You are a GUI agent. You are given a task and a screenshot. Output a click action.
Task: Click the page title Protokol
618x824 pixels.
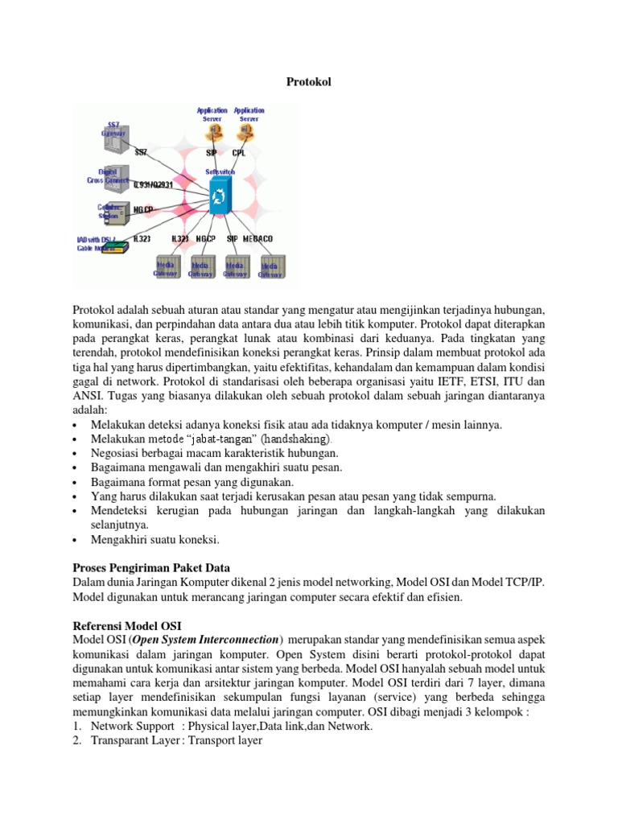309,82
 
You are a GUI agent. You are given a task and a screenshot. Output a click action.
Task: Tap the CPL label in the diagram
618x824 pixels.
240,153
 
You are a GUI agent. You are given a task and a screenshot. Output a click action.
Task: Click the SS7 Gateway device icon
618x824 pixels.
110,142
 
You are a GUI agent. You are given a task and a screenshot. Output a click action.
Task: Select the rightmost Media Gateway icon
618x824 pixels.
270,267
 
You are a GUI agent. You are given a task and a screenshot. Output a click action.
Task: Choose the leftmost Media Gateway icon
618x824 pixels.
166,267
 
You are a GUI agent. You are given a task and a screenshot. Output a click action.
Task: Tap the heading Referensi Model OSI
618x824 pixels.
127,624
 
